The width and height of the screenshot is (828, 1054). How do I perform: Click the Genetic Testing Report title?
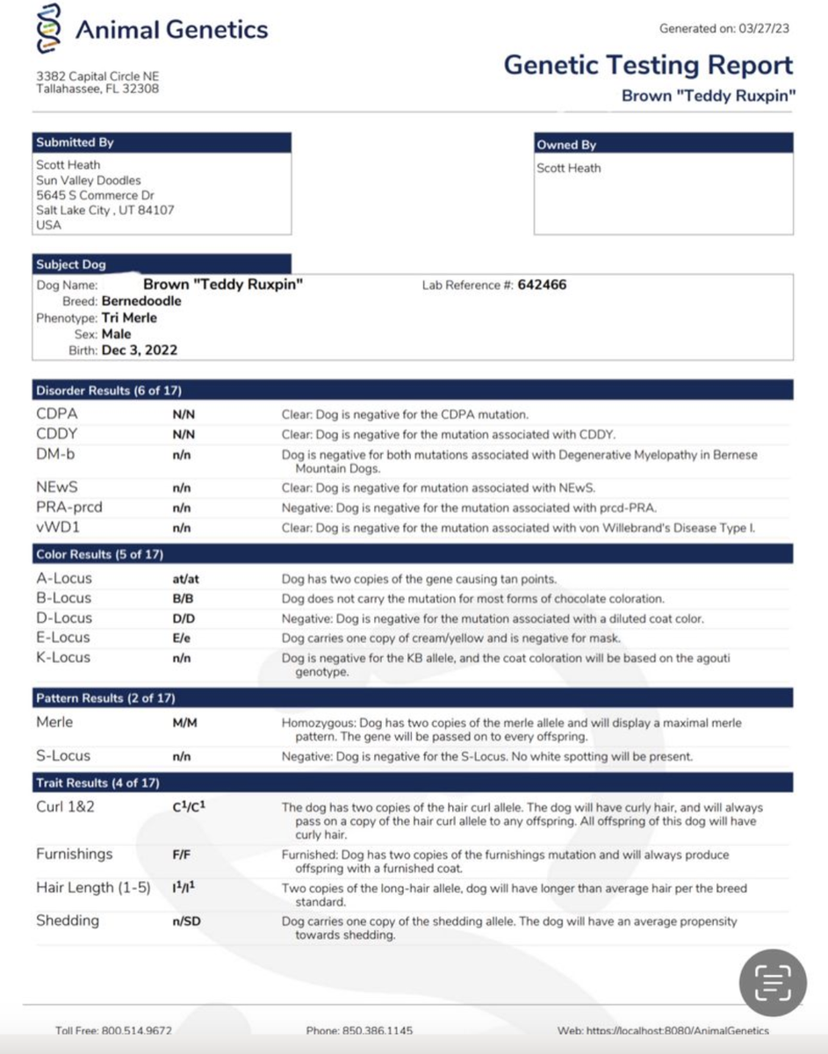click(648, 65)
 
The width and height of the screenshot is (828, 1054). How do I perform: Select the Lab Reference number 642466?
click(542, 285)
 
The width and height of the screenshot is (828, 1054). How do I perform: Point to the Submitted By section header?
click(76, 142)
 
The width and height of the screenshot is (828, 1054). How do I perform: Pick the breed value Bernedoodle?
click(141, 301)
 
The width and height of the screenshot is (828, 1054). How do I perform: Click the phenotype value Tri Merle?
click(129, 318)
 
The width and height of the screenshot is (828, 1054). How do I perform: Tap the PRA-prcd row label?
click(68, 507)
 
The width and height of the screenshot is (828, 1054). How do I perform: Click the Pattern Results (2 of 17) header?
click(106, 698)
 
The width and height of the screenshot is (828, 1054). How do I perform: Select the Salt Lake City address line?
click(105, 210)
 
